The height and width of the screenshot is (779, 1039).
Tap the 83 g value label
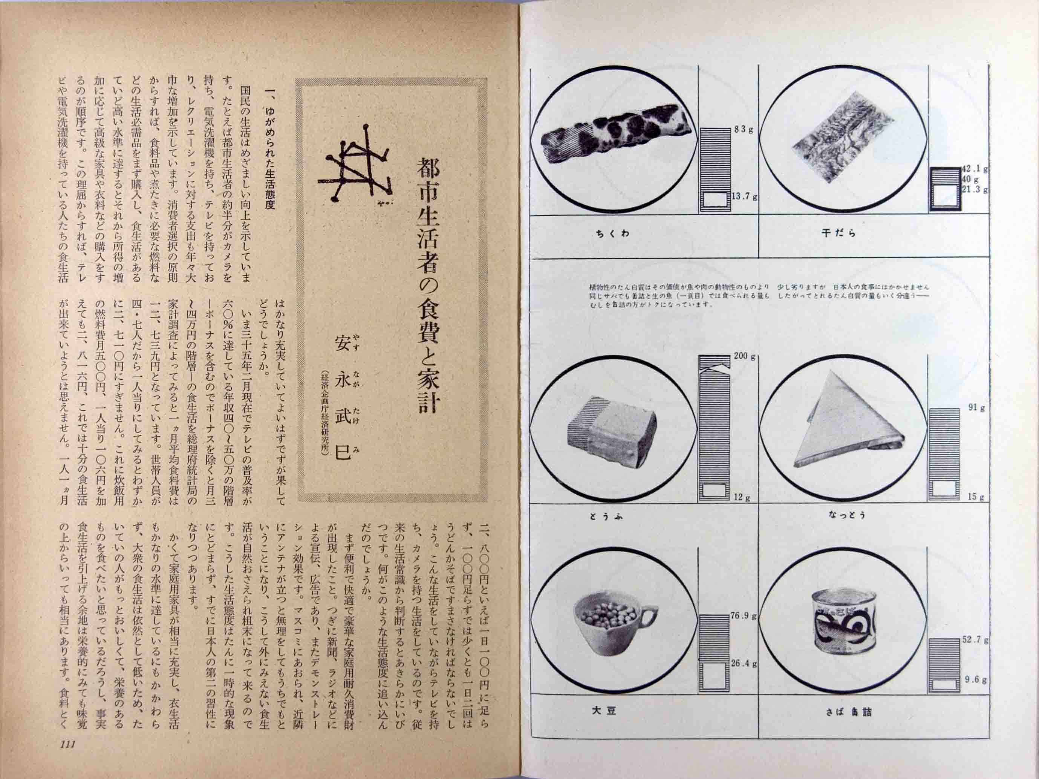(x=744, y=129)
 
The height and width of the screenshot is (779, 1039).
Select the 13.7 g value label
(x=744, y=196)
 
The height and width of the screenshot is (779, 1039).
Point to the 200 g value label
(x=744, y=356)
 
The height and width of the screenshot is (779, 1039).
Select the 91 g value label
(x=976, y=408)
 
